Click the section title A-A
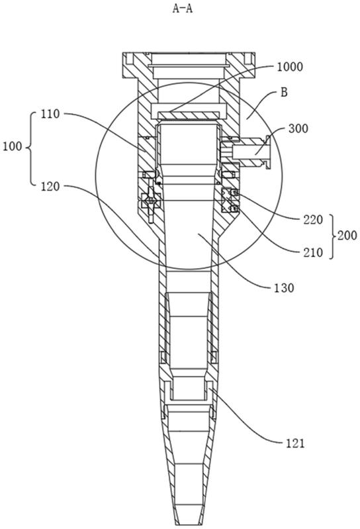coord(183,9)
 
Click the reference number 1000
coord(290,67)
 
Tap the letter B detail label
coord(284,92)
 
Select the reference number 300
coord(298,128)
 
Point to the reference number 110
coord(50,114)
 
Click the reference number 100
coord(13,147)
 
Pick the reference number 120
coord(50,186)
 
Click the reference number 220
coord(313,220)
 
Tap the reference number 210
coord(313,252)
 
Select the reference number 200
coord(347,235)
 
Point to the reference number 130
coord(284,288)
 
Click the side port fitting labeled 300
coord(249,152)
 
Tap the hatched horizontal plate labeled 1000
coord(188,115)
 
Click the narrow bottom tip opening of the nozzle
coord(189,523)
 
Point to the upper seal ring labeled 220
coord(234,193)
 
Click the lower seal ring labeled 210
coord(234,209)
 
